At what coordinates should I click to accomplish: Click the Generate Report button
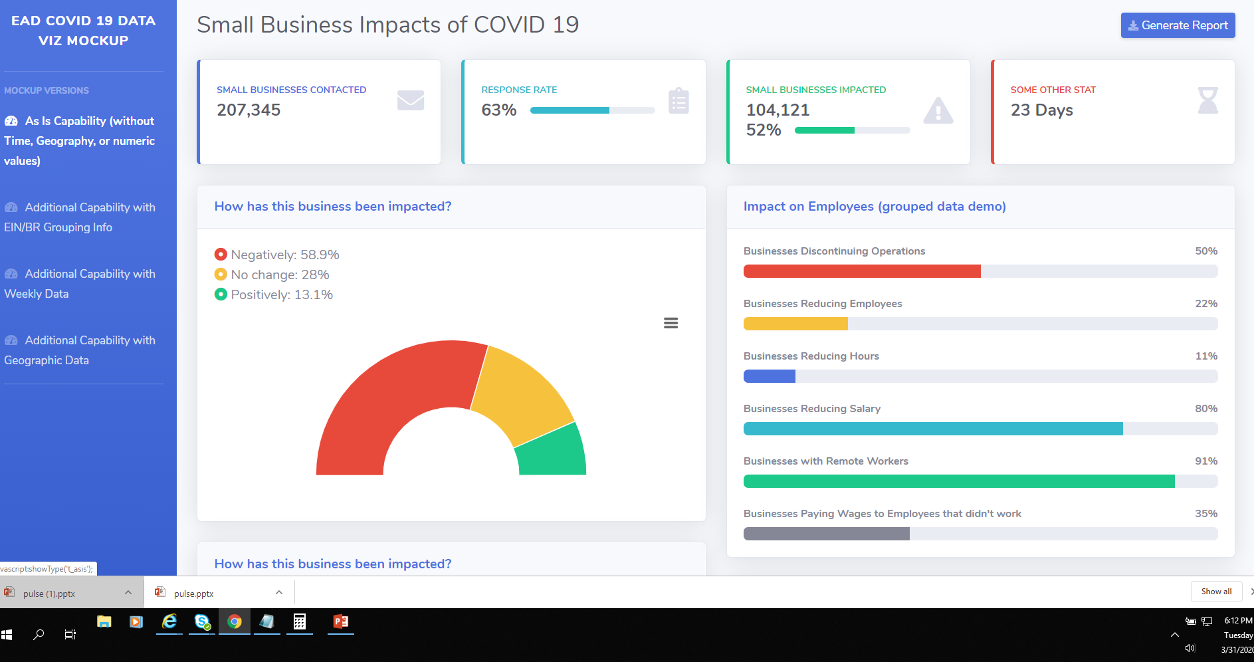tap(1178, 25)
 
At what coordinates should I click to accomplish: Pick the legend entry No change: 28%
tap(272, 275)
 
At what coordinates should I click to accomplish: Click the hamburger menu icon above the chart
tap(671, 323)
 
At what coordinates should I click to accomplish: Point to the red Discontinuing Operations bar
tap(862, 271)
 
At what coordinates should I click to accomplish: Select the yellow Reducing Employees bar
tap(795, 324)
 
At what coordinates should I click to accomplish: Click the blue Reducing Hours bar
tap(770, 376)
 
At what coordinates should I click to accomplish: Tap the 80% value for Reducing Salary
tap(1205, 409)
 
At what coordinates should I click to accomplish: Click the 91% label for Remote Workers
tap(1205, 461)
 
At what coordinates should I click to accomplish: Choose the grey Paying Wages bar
tap(826, 534)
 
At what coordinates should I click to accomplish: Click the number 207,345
tap(249, 110)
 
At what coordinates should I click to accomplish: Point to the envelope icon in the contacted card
tap(411, 100)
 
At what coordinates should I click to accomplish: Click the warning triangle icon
tap(938, 111)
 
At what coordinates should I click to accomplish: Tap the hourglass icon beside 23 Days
tap(1207, 100)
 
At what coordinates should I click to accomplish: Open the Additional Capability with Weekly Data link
tap(80, 284)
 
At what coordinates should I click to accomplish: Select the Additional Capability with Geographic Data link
tap(80, 350)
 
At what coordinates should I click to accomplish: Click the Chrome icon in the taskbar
tap(235, 621)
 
